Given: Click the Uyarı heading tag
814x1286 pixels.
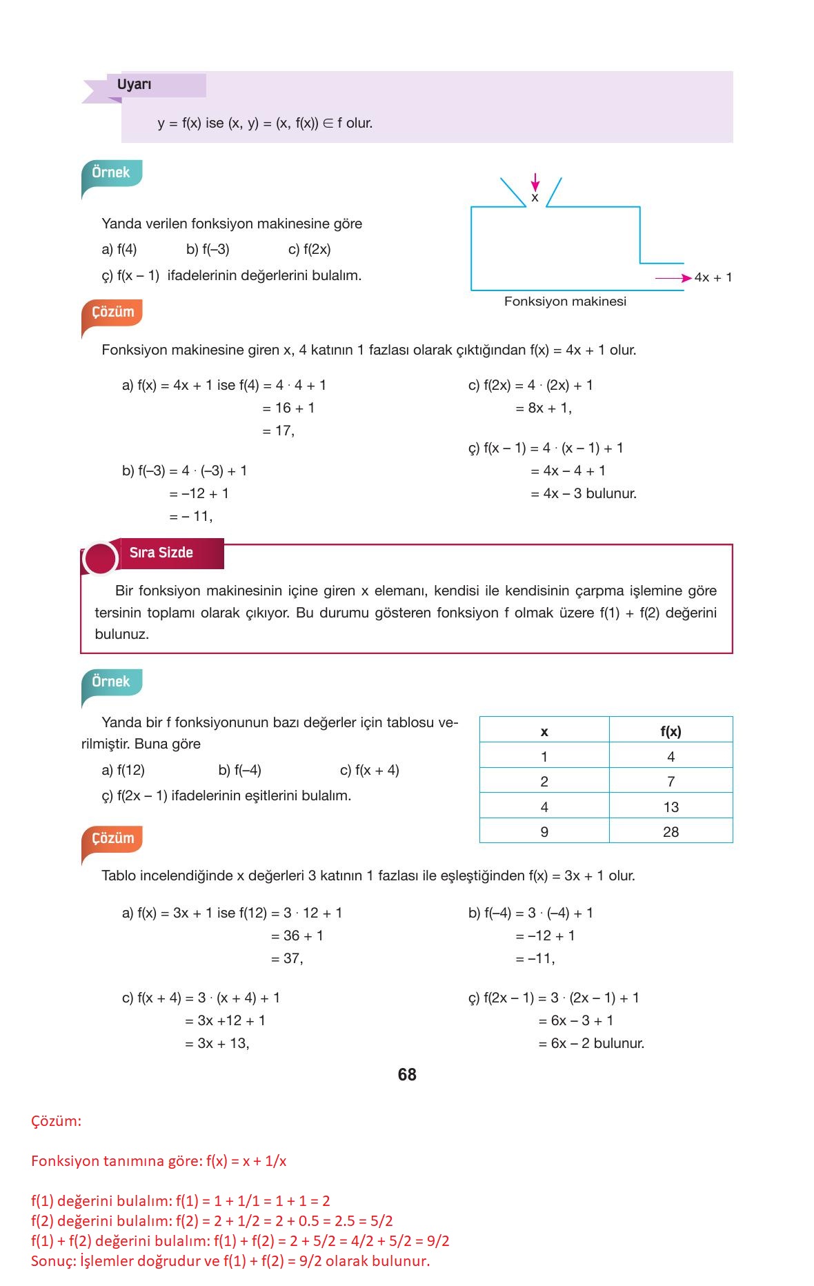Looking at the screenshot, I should [x=135, y=85].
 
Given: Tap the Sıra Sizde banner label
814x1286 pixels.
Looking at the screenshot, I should [x=161, y=553].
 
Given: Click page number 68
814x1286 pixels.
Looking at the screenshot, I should [x=407, y=1074].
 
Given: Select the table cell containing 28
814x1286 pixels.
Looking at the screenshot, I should [x=671, y=831].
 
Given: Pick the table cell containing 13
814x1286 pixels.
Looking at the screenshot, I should [x=671, y=807].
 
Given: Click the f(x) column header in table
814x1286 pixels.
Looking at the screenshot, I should [x=671, y=731].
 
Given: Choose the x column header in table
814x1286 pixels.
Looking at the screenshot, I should [x=544, y=731].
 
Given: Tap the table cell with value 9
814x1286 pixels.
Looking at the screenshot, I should [x=544, y=831].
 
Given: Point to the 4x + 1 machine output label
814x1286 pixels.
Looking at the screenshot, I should [x=713, y=277].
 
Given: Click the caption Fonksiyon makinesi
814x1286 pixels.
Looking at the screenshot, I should [x=565, y=301].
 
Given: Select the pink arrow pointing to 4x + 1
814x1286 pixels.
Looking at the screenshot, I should [x=673, y=278].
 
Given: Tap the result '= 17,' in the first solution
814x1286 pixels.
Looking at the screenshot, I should [x=278, y=431].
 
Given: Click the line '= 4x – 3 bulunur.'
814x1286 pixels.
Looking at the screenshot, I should [x=584, y=493].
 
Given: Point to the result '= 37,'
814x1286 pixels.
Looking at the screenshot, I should [x=287, y=958].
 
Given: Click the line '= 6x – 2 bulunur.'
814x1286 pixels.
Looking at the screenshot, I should [x=591, y=1043].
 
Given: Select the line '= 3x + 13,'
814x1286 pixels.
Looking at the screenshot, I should [x=217, y=1043].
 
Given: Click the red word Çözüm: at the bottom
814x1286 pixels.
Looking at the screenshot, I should [x=56, y=1121].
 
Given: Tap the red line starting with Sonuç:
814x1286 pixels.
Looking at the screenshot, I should [x=230, y=1261].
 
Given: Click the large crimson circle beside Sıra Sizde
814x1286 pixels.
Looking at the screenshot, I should [x=100, y=558].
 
